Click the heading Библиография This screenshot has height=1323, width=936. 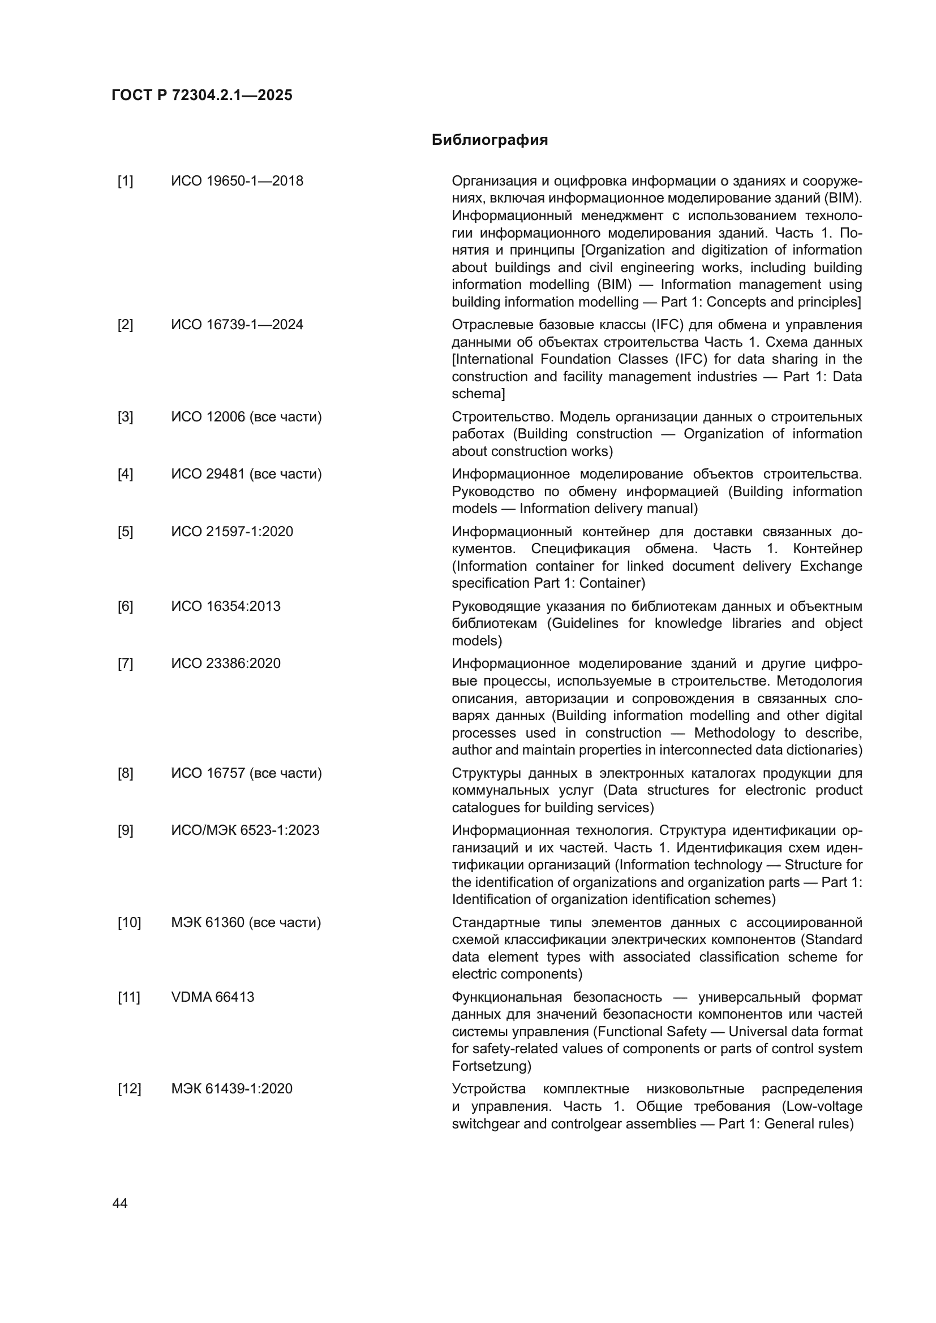pos(490,140)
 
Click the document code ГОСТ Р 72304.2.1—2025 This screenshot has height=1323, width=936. pos(201,95)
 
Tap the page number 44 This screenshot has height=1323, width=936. pos(120,1204)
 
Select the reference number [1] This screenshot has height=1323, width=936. pos(125,181)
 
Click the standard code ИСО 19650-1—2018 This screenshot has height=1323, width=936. pos(237,181)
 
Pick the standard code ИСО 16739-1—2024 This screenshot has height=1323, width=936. pos(237,325)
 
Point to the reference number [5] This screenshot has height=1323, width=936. pos(125,531)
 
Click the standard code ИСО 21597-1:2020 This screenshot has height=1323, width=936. pos(231,531)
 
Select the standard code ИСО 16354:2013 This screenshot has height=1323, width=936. pos(225,606)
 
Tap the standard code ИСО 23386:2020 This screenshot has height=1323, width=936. pos(225,663)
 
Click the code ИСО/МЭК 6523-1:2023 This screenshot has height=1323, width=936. pos(245,830)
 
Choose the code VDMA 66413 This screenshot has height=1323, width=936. pos(212,997)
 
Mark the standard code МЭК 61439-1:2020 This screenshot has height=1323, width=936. pos(231,1089)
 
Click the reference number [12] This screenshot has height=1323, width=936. pos(129,1089)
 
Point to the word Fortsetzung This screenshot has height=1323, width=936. pos(490,1066)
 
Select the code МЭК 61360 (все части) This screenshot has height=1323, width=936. pos(246,923)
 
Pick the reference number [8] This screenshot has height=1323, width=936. pos(125,773)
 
